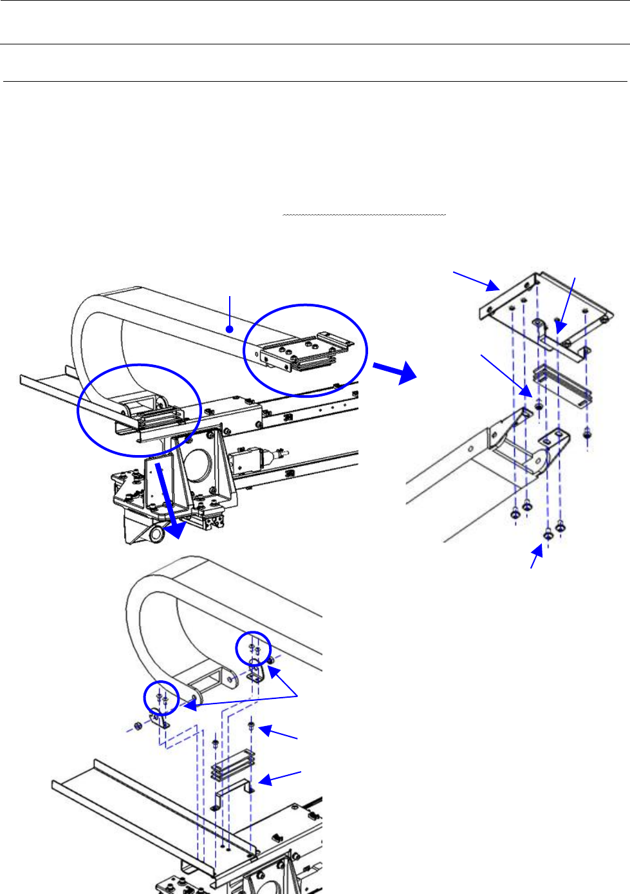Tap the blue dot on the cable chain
pos(229,330)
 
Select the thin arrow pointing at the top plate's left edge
pos(476,281)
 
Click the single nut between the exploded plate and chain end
pos(539,407)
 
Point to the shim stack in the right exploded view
pos(562,384)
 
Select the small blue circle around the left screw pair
pos(160,698)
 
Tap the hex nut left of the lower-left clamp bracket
pos(137,727)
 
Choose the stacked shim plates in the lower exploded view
pos(233,765)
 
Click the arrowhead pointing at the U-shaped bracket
pos(264,782)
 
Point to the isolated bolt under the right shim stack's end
pos(587,436)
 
